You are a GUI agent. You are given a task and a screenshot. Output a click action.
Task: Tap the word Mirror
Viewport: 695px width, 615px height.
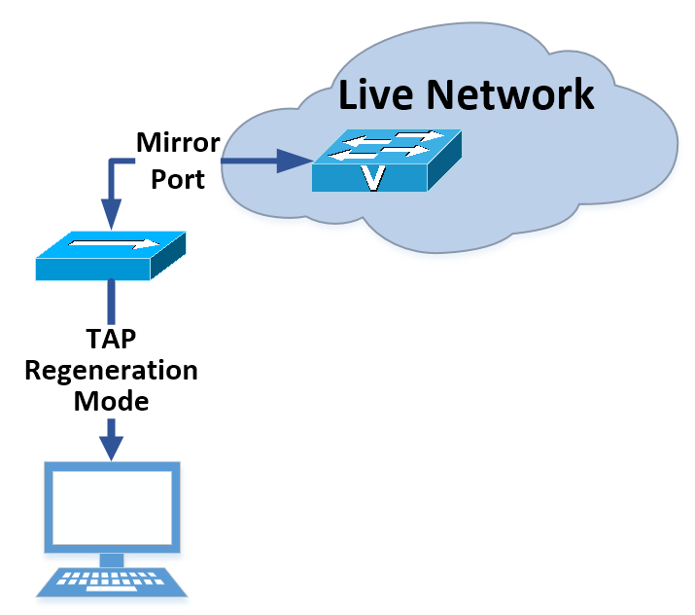[178, 145]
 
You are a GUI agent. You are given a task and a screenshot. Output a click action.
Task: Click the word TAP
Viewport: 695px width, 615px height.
[112, 341]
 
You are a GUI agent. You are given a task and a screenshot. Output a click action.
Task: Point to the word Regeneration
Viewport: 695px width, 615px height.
[112, 371]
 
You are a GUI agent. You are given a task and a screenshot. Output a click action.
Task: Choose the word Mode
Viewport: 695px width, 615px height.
[112, 401]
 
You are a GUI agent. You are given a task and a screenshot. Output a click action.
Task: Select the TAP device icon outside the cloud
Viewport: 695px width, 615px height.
[110, 256]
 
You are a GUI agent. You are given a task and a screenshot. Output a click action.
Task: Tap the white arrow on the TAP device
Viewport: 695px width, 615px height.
[115, 243]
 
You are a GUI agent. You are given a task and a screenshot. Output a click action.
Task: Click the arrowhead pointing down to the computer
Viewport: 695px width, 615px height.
[112, 445]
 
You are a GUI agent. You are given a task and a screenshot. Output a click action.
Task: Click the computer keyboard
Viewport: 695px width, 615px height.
[112, 582]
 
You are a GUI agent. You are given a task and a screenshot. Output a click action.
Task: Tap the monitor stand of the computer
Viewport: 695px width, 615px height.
[112, 560]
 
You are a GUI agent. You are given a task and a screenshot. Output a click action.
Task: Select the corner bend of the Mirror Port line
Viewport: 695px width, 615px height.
[113, 163]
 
